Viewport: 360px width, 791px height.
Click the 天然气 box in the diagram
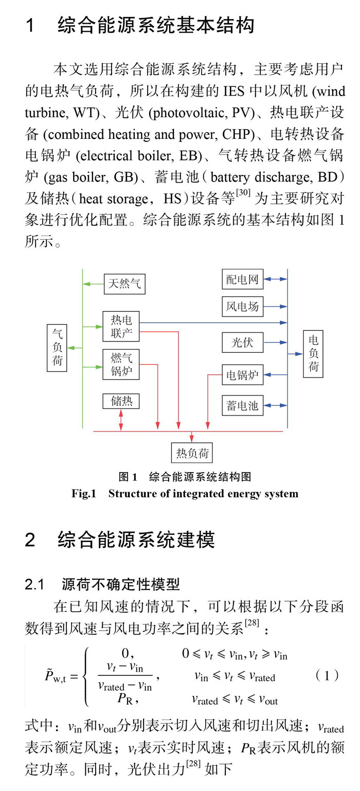(x=124, y=283)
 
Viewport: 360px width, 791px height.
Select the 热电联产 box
(x=121, y=327)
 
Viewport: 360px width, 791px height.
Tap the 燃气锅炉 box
(x=121, y=364)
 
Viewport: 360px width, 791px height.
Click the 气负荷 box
(x=57, y=347)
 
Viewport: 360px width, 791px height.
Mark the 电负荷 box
(x=313, y=354)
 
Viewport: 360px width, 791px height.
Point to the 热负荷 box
(x=192, y=453)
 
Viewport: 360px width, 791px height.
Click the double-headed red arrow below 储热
(x=121, y=421)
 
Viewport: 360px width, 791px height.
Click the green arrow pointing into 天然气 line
(x=93, y=283)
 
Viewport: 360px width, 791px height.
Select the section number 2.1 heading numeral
(x=36, y=585)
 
